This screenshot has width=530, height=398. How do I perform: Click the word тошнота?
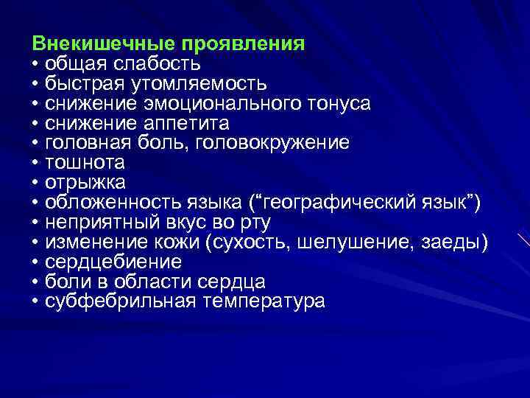click(x=85, y=162)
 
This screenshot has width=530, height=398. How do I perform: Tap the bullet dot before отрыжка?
click(x=35, y=182)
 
